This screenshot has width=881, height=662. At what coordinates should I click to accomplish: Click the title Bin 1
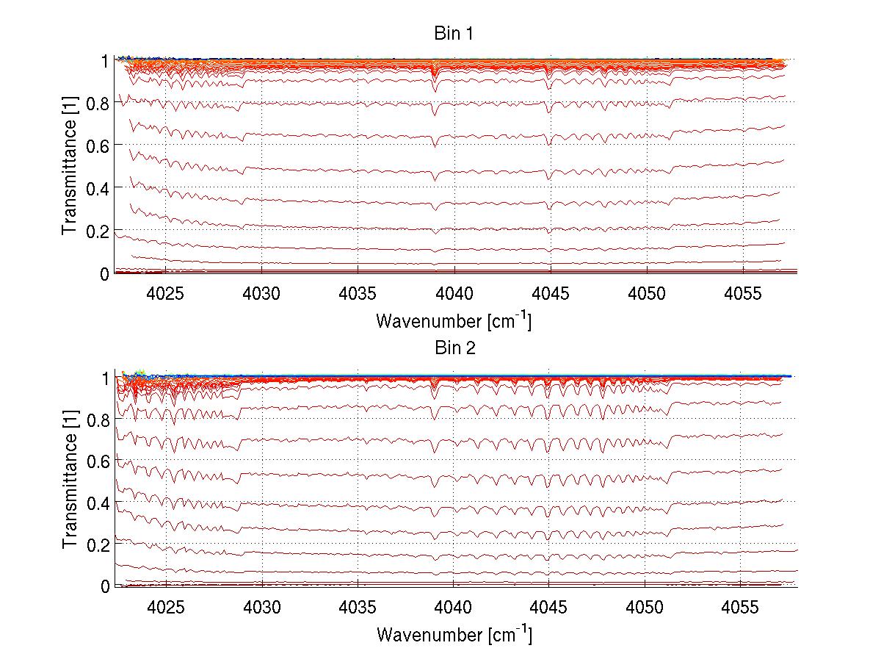454,34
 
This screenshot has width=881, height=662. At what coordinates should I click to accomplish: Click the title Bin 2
454,348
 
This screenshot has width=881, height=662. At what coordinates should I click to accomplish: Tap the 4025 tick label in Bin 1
166,292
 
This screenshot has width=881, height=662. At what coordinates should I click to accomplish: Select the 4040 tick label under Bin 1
454,292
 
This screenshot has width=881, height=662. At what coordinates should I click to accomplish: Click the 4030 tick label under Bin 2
262,605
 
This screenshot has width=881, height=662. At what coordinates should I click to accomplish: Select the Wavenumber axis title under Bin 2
454,633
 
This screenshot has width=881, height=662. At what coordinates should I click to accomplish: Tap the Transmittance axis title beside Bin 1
69,166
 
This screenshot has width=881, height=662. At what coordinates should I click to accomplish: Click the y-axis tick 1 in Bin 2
105,378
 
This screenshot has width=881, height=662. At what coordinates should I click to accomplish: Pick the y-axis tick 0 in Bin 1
105,273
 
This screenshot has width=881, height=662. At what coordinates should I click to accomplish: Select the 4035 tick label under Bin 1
358,292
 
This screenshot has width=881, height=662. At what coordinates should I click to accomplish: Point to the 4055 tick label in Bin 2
740,605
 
